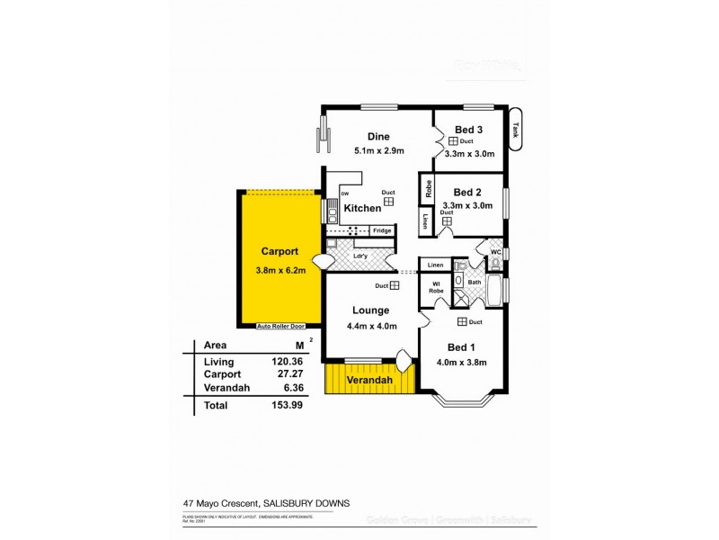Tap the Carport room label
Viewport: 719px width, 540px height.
(279, 251)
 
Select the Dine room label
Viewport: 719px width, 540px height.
(366, 137)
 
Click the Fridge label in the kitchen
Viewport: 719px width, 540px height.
(381, 230)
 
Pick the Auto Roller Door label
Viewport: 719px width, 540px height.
(281, 326)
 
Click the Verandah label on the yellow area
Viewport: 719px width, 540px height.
(371, 381)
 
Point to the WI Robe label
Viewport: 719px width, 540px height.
(435, 288)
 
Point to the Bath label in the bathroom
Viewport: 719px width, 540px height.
(475, 282)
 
